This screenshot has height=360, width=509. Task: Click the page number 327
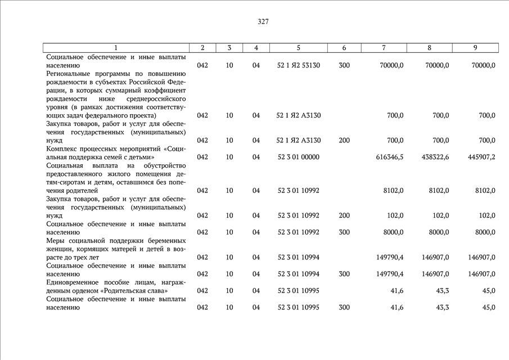click(x=263, y=22)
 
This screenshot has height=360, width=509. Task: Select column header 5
click(x=298, y=48)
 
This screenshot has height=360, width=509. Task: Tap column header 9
click(x=475, y=48)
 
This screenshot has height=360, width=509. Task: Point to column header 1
click(x=116, y=48)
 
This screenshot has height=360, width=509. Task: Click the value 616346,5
click(x=389, y=157)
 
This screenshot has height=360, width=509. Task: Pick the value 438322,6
click(x=435, y=157)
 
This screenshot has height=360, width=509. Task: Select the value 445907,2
click(x=481, y=157)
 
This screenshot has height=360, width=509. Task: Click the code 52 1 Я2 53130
click(x=298, y=65)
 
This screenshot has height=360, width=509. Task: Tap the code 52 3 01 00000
click(x=298, y=157)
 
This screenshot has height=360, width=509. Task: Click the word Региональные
click(x=70, y=74)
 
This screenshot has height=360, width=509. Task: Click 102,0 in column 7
click(x=394, y=215)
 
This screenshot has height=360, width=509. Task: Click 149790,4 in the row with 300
click(x=389, y=274)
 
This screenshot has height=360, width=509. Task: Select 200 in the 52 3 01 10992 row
click(x=344, y=215)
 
